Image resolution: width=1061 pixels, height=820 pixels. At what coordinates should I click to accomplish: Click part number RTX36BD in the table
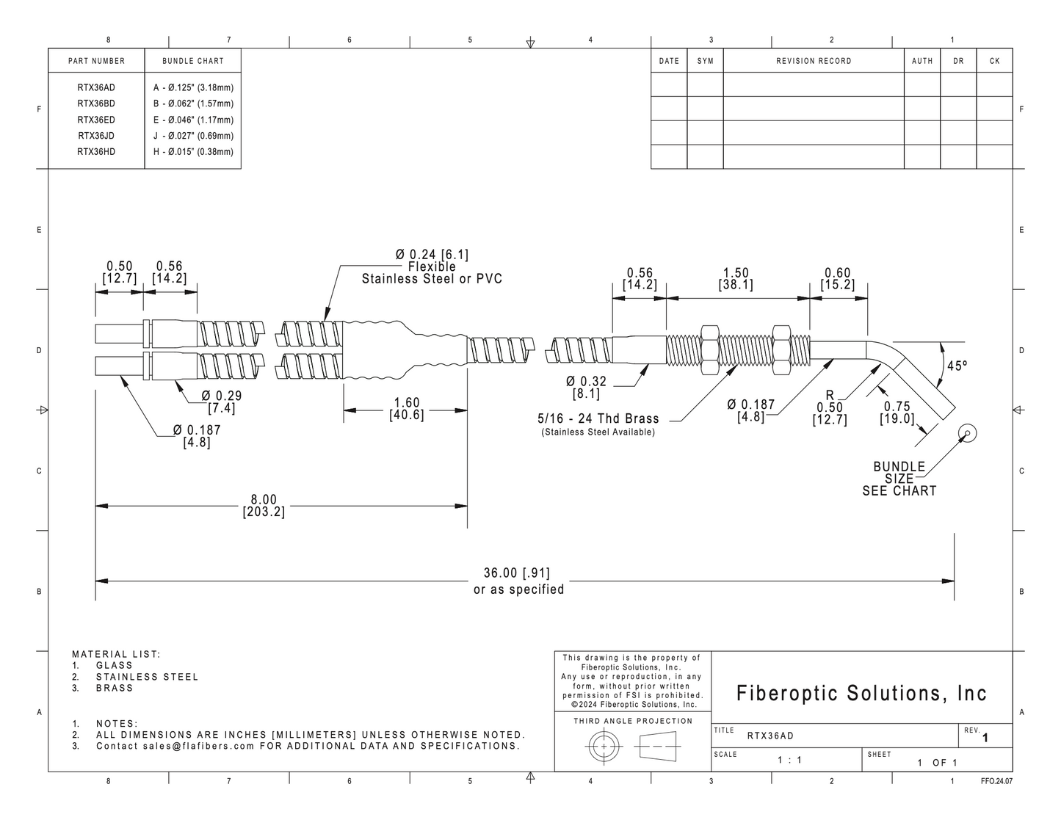point(96,104)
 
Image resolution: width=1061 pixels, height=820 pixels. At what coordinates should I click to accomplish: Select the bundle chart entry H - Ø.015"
point(193,152)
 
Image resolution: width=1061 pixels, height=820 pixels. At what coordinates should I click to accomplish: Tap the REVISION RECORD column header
point(814,61)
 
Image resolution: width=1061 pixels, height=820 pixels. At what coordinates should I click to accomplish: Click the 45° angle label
point(957,366)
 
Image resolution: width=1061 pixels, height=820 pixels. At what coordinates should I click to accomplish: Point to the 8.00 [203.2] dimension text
point(264,506)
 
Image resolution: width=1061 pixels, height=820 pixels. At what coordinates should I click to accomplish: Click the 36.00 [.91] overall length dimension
point(517,573)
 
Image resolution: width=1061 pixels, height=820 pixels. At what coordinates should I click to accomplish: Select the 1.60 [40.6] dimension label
point(407,409)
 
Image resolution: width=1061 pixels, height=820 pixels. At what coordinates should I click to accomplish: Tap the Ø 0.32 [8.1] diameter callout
point(586,387)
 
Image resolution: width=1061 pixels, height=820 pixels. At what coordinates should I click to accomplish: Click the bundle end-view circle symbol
point(967,433)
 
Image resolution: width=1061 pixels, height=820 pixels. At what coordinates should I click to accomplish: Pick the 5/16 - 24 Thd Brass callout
point(598,418)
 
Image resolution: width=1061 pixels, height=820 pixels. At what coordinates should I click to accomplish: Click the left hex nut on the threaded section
point(709,350)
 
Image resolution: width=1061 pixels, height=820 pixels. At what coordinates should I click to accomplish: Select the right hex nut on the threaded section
point(782,350)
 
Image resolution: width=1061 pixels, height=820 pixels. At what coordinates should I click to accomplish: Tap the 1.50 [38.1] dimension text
point(736,279)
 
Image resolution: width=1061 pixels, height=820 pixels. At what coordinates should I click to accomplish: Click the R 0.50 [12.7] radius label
point(830,407)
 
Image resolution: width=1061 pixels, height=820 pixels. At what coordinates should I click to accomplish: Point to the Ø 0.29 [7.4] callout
point(222,402)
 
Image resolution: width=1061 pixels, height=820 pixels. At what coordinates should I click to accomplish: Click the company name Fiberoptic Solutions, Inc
point(861,693)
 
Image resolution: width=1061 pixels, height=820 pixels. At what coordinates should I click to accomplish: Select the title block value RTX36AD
point(770,736)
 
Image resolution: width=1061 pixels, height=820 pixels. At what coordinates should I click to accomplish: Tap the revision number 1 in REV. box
point(985,738)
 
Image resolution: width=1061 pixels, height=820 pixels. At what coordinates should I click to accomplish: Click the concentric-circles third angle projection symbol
point(604,747)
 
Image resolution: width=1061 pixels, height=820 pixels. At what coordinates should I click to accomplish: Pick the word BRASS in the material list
point(115,688)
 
